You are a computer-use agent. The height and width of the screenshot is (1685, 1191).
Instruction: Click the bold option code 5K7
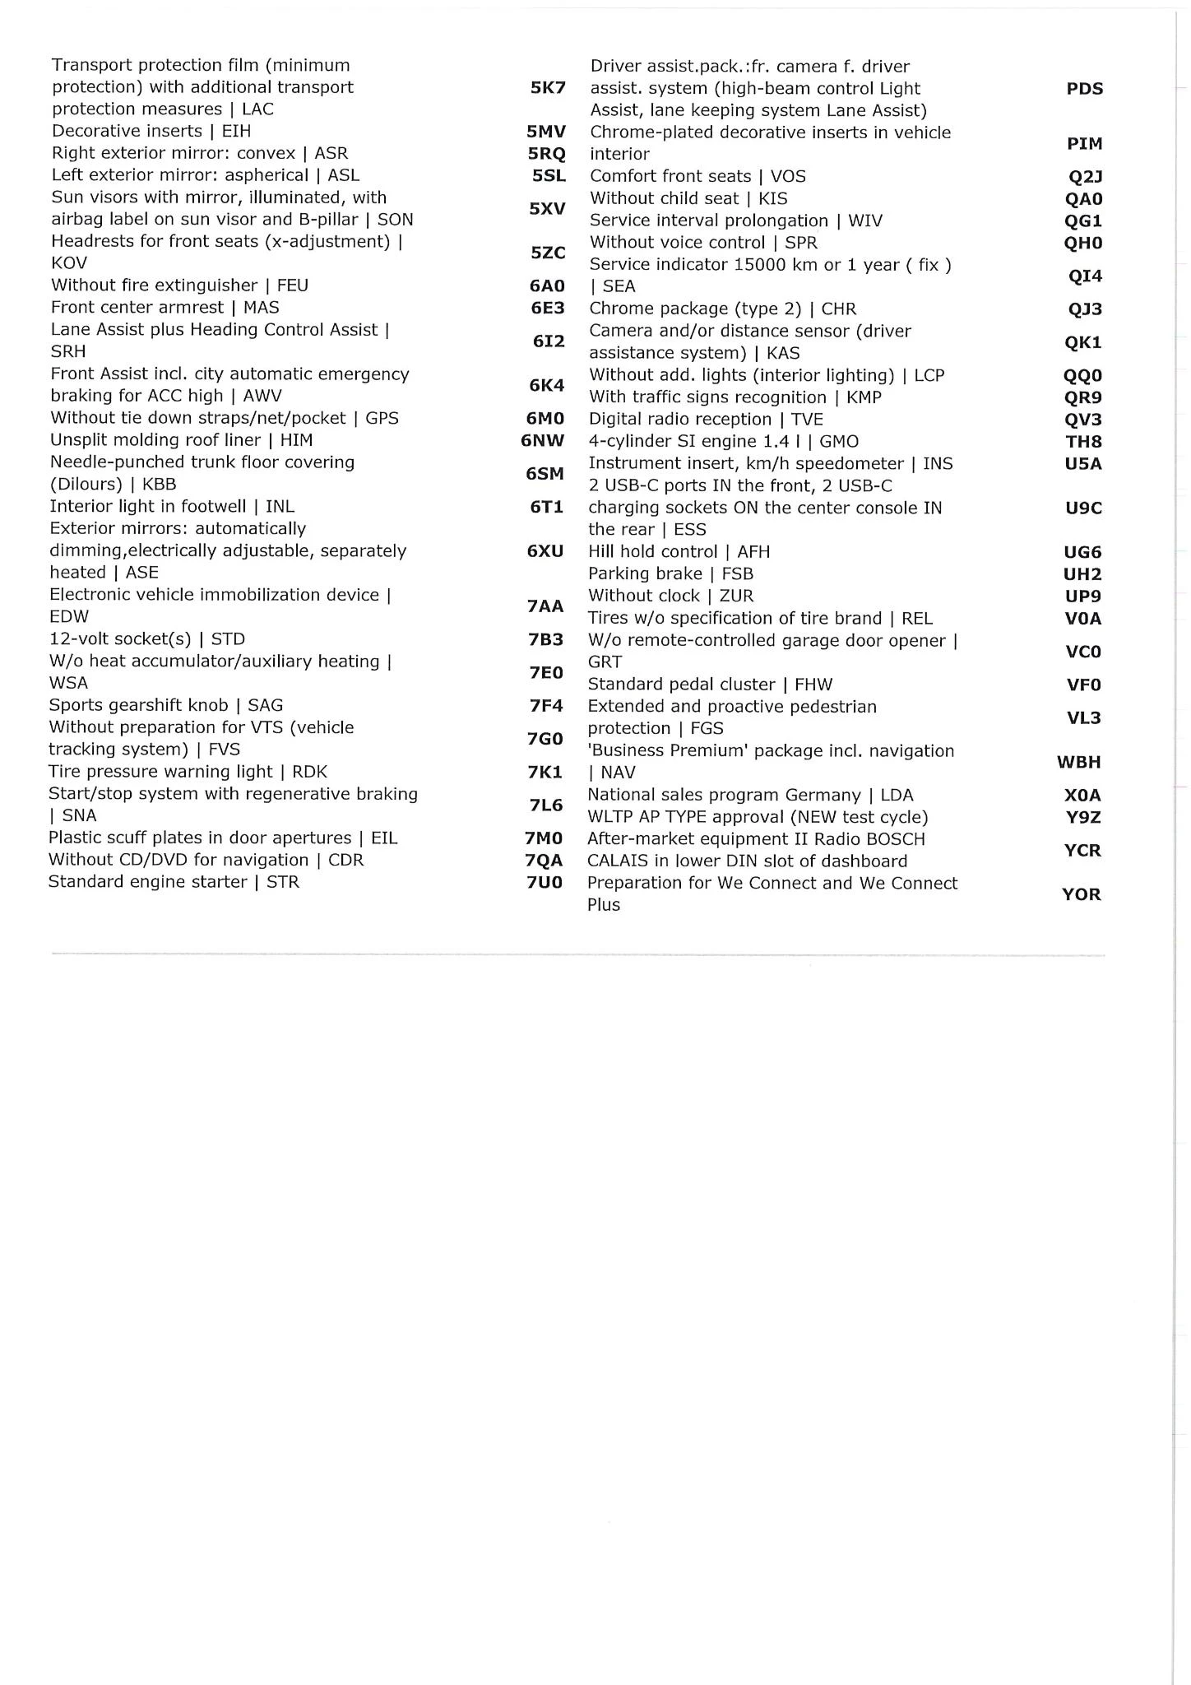coord(548,87)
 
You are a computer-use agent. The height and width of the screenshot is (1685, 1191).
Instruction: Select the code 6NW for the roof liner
coord(543,440)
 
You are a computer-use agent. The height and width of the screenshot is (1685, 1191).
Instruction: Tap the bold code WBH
coord(1078,762)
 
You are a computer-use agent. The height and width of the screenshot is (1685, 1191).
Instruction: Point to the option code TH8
coord(1083,442)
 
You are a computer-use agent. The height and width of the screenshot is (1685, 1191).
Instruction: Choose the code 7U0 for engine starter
coord(544,882)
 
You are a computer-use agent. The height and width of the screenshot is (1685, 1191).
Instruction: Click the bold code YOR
coord(1081,894)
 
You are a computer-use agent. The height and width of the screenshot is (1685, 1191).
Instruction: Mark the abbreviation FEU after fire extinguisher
coord(293,285)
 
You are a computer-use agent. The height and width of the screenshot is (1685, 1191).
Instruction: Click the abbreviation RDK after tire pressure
coord(309,772)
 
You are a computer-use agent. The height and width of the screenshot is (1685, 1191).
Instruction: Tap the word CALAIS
coord(619,861)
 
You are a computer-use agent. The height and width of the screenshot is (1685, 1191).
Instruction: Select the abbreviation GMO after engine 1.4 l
coord(839,442)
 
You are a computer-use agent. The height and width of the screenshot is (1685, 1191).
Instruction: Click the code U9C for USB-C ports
coord(1083,508)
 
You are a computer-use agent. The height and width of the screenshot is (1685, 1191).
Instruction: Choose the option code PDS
coord(1084,89)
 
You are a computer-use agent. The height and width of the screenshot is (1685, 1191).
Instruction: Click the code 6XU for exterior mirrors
coord(545,550)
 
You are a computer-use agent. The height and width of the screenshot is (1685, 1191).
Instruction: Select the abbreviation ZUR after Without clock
coord(736,596)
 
